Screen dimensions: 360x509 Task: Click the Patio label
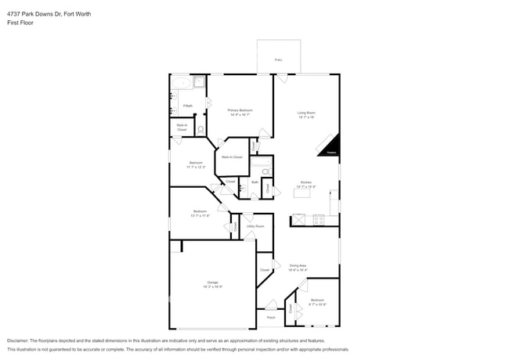(x=278, y=59)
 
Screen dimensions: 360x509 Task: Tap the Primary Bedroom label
(x=240, y=110)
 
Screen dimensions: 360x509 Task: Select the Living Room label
(x=305, y=113)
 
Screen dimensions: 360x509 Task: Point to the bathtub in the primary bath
(x=181, y=82)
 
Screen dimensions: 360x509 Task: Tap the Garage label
(x=212, y=282)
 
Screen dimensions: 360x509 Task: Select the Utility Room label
(x=255, y=226)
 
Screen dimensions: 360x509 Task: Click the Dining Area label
(x=298, y=265)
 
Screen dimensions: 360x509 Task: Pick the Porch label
(x=271, y=318)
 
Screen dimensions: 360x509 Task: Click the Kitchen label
(x=305, y=182)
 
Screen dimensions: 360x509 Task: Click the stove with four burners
(x=319, y=220)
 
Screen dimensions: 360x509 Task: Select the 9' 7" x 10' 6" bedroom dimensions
(x=316, y=304)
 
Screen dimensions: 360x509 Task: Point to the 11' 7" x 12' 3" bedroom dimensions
(x=196, y=167)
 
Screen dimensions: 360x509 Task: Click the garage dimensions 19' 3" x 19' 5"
(x=212, y=286)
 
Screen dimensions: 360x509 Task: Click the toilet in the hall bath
(x=265, y=171)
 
